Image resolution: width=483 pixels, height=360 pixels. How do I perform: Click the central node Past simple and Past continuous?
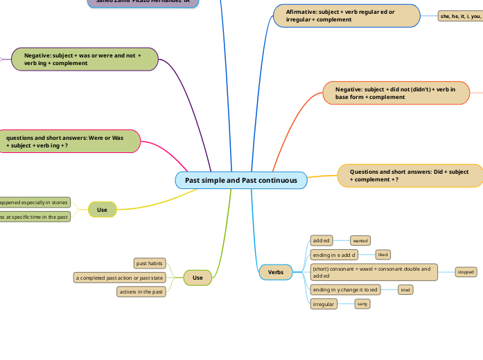241,180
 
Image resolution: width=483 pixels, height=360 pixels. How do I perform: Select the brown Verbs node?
276,272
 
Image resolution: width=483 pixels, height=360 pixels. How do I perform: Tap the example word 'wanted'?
360,241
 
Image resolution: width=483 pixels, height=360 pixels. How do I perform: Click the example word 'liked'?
383,255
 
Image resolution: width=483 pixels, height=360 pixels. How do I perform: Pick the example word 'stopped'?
466,272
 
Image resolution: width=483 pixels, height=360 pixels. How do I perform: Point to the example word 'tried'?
405,290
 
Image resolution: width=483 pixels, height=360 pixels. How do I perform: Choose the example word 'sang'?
362,304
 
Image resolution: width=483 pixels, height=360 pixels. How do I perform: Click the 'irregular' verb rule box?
324,304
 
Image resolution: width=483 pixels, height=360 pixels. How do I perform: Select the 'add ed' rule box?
322,240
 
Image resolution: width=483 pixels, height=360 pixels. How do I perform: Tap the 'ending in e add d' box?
334,255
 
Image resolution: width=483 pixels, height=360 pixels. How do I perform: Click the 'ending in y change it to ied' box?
345,290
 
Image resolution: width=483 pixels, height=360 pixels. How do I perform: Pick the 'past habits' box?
150,263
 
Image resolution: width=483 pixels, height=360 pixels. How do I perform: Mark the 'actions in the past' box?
141,291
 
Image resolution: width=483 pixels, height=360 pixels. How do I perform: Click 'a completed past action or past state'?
119,278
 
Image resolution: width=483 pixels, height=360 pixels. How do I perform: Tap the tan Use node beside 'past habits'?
197,278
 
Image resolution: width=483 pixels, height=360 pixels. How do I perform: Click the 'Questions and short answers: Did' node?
410,176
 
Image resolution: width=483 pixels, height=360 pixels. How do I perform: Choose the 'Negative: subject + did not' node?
396,93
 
